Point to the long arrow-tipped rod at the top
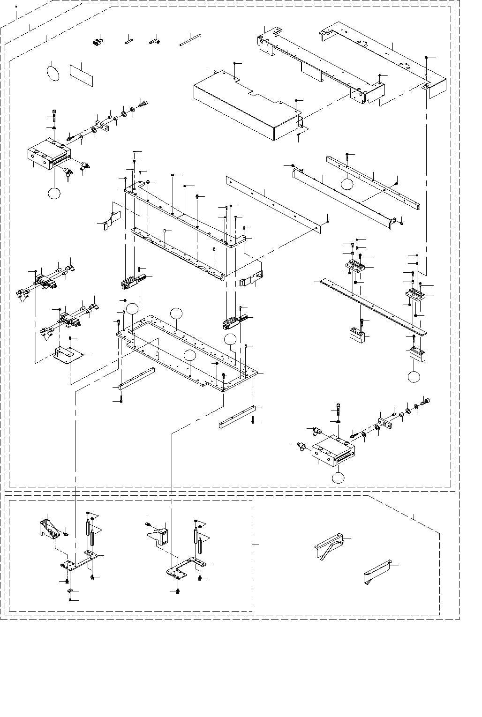pos(190,40)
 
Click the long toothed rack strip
pos(373,307)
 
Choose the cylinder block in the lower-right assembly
pos(334,451)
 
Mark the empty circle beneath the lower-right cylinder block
pos(339,478)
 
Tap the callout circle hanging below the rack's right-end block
pos(414,376)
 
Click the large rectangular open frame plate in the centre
pos(188,349)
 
